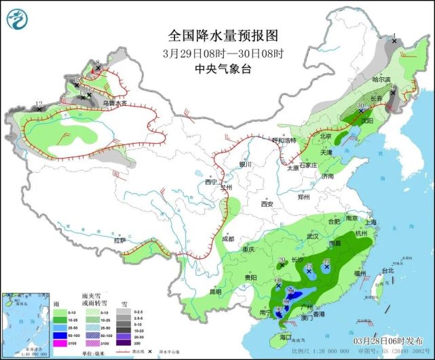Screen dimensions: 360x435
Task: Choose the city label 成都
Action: click(227, 239)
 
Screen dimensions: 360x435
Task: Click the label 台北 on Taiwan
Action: click(387, 270)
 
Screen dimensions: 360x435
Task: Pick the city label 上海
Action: click(370, 222)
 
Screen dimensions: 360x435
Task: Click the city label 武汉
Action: click(312, 236)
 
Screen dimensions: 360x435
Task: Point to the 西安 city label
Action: click(265, 204)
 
